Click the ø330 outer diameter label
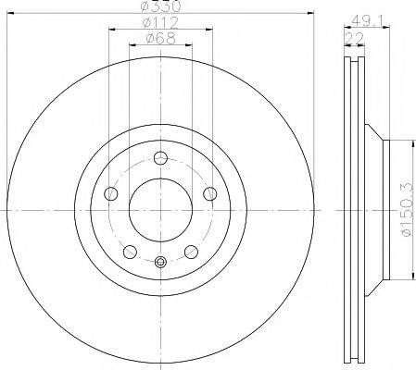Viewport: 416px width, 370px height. point(159,6)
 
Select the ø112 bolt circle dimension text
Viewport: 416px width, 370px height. point(159,22)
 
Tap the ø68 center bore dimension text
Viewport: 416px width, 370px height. point(159,38)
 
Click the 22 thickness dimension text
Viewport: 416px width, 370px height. point(354,38)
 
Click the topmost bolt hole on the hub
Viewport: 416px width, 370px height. point(160,156)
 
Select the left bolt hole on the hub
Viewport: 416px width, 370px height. point(111,193)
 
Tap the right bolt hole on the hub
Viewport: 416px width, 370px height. point(209,193)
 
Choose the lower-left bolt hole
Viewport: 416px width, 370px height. point(130,252)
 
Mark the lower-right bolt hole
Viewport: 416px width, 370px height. point(191,252)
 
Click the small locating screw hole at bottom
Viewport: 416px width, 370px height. point(160,262)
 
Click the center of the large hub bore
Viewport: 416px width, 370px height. point(160,209)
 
